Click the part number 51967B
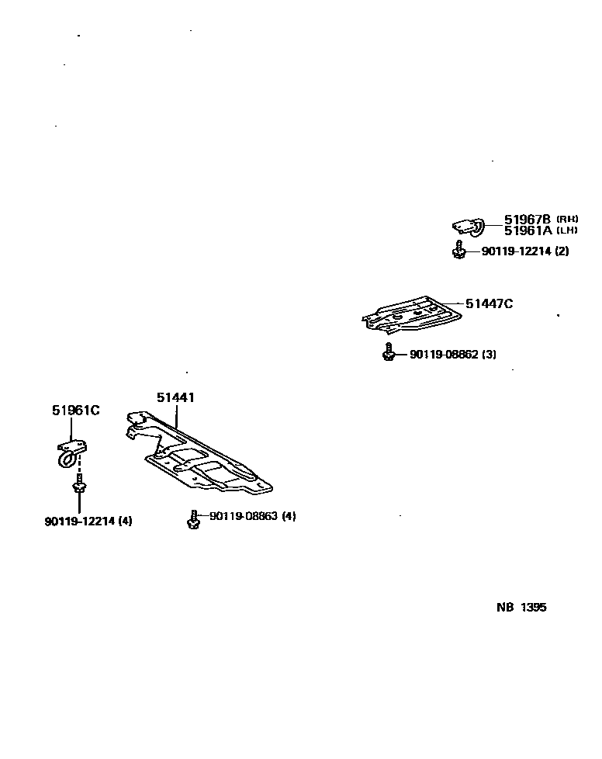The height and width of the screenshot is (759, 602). pyautogui.click(x=527, y=219)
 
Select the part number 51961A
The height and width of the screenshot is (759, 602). pyautogui.click(x=527, y=230)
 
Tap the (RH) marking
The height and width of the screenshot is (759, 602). pyautogui.click(x=567, y=219)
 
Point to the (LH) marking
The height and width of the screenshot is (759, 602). pyautogui.click(x=567, y=230)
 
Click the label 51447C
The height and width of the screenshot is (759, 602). pyautogui.click(x=489, y=304)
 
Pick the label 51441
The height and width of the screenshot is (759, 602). pyautogui.click(x=175, y=397)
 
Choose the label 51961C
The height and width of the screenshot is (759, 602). pyautogui.click(x=76, y=411)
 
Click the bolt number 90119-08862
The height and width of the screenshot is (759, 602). pyautogui.click(x=444, y=355)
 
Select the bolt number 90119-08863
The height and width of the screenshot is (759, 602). pyautogui.click(x=244, y=516)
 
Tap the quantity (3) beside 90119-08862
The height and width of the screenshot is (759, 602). pyautogui.click(x=489, y=355)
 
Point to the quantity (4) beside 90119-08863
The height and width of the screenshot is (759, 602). pyautogui.click(x=289, y=516)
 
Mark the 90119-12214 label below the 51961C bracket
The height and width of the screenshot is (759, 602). pyautogui.click(x=79, y=521)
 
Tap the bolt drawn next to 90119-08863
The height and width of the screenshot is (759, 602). pyautogui.click(x=192, y=518)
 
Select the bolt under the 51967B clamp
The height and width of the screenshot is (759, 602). pyautogui.click(x=459, y=251)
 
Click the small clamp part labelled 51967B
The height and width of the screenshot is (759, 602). pyautogui.click(x=468, y=226)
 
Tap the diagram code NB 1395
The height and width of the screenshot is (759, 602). pyautogui.click(x=521, y=608)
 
